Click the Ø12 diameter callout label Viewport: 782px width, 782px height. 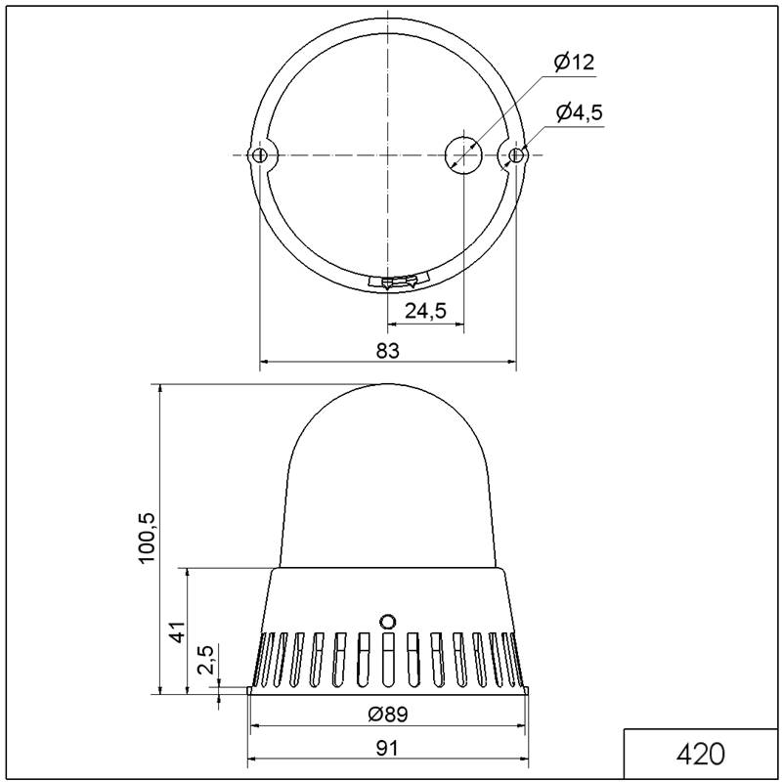coord(575,63)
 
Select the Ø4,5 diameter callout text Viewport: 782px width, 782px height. coord(580,112)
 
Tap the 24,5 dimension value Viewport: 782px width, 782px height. coord(425,311)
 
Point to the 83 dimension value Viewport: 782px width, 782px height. coord(387,351)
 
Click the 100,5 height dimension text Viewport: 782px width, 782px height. coord(148,538)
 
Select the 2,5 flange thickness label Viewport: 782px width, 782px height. coord(205,659)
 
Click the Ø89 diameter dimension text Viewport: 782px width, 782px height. coord(387,715)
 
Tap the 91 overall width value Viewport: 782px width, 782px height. coord(387,748)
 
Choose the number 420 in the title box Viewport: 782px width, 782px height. coord(700,754)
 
